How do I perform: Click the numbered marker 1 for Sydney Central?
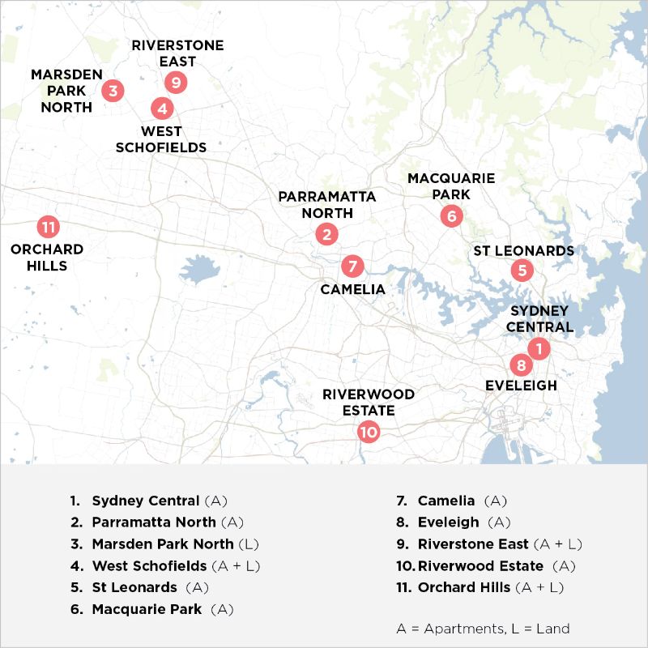click(539, 348)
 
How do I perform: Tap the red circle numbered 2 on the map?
click(326, 235)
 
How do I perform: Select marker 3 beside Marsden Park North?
click(113, 90)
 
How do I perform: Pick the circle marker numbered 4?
click(162, 107)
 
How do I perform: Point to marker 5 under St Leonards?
click(522, 271)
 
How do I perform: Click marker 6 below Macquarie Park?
click(451, 215)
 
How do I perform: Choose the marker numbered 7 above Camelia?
click(352, 266)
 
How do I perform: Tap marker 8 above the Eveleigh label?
click(521, 364)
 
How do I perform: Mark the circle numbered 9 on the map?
click(175, 82)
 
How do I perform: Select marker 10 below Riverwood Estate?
click(369, 432)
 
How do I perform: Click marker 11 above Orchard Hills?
click(48, 228)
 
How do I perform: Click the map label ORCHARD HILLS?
click(47, 258)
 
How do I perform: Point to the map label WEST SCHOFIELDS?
click(161, 139)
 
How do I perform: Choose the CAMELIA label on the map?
click(352, 289)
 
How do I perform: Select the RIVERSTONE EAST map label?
click(177, 53)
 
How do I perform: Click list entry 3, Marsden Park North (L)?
click(175, 544)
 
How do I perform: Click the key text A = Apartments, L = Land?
click(483, 629)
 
